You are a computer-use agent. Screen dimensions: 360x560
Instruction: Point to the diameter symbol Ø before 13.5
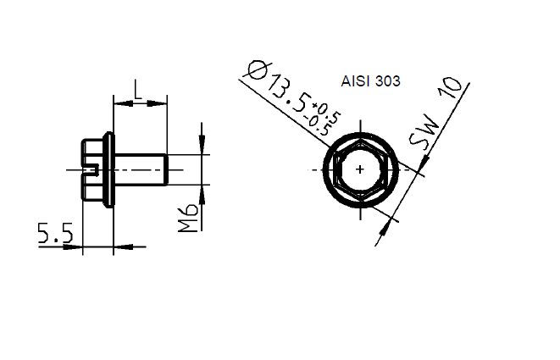click(x=254, y=70)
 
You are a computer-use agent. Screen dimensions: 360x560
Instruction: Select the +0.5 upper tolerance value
click(x=328, y=109)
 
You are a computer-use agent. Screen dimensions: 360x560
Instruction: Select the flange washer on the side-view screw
click(x=108, y=169)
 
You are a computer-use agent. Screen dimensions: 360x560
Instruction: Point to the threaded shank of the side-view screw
click(x=140, y=169)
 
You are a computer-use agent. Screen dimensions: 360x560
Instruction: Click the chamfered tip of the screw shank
click(x=166, y=169)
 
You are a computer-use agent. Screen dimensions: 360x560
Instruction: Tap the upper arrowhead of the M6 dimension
click(x=202, y=149)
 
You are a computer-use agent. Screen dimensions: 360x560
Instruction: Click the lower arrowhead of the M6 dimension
click(x=202, y=191)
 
